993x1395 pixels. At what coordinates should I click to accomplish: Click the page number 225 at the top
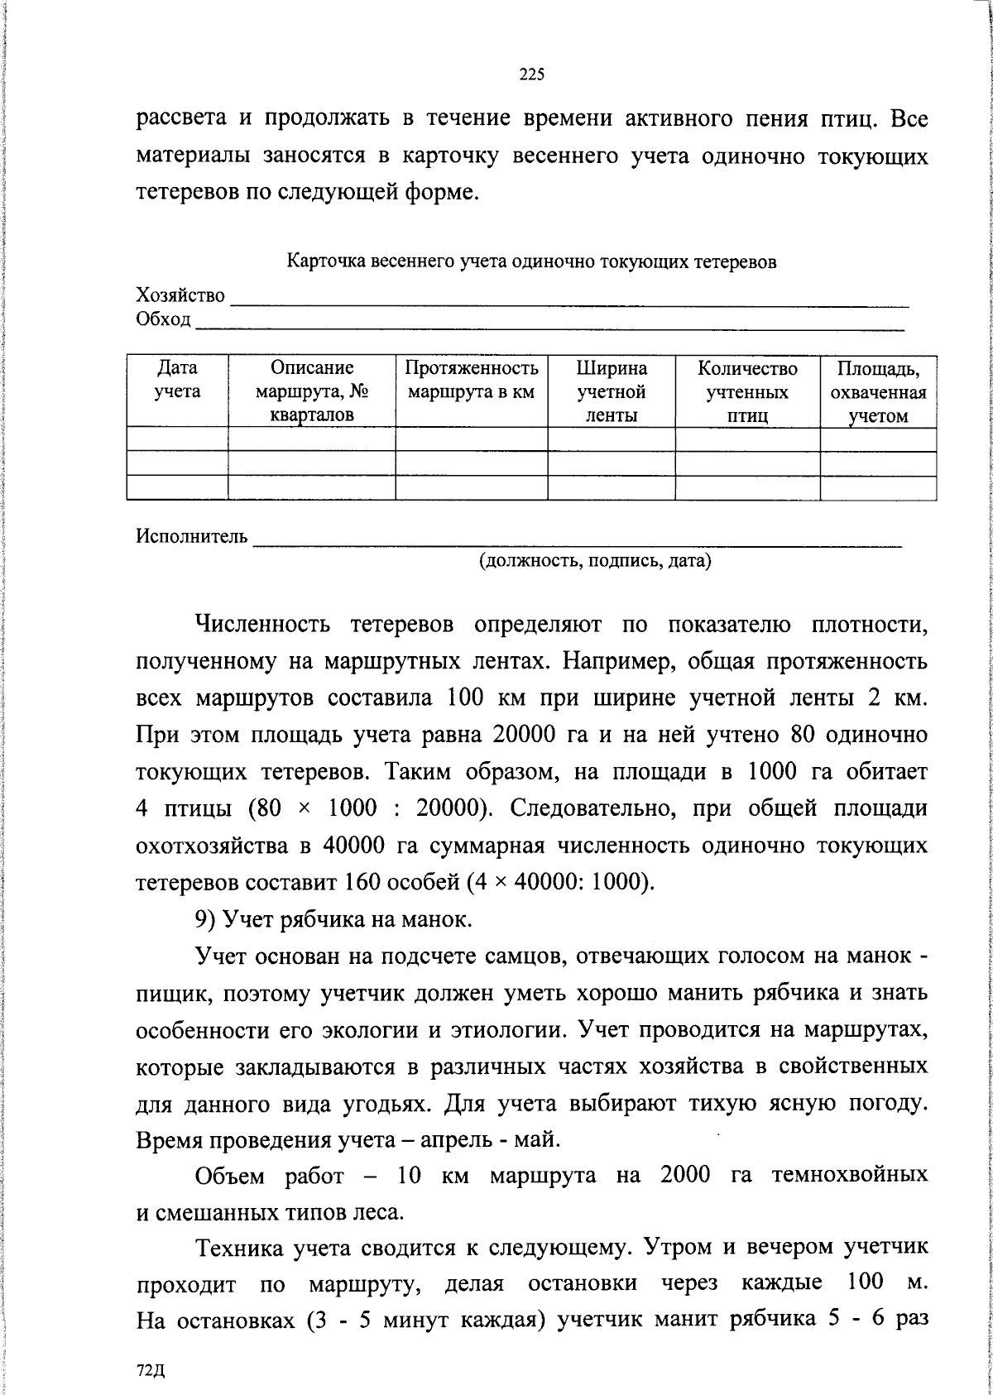[531, 75]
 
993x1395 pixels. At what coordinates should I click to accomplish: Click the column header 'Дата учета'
[178, 380]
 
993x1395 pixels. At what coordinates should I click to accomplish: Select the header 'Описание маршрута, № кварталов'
[311, 391]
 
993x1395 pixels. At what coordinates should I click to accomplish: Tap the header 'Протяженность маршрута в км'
[472, 380]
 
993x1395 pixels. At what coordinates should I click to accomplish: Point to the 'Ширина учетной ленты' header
[612, 391]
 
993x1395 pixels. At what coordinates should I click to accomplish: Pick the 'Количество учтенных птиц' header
[747, 391]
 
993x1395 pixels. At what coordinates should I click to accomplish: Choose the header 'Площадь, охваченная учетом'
[878, 392]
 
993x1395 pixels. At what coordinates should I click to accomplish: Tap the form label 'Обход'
[163, 319]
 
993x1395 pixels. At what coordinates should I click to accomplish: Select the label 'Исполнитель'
[191, 537]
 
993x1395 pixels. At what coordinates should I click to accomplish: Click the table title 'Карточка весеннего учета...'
[531, 262]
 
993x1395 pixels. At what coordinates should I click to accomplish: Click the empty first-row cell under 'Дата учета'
[178, 439]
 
